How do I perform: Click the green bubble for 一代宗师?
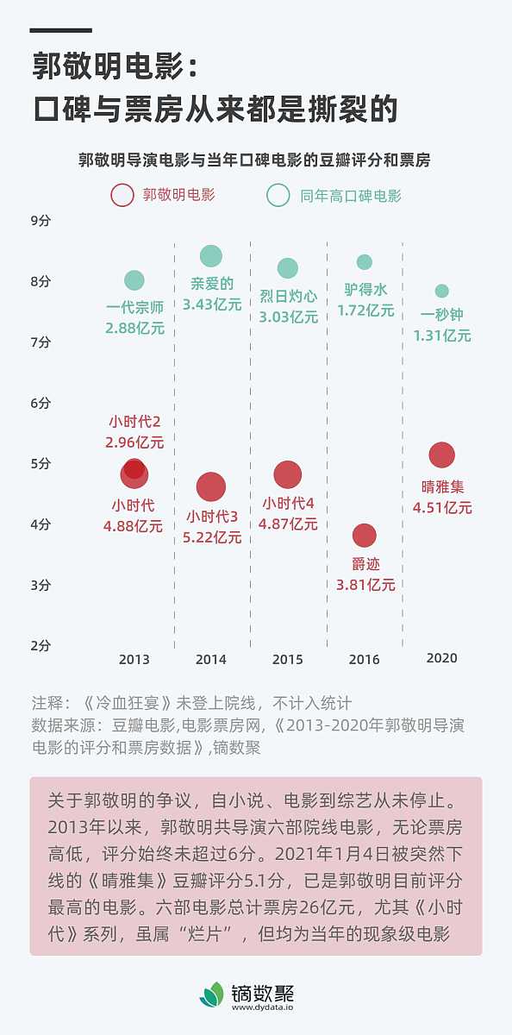click(134, 280)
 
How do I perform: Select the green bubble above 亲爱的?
click(211, 256)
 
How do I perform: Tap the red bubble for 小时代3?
click(211, 487)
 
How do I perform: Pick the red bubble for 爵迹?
click(365, 536)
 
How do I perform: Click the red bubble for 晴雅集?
click(441, 455)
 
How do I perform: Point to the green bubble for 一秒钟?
click(442, 292)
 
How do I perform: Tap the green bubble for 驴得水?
click(365, 262)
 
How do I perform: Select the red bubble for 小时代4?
click(288, 474)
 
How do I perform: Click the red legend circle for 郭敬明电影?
click(122, 196)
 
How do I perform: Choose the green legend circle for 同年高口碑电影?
click(278, 196)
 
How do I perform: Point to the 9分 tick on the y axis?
click(41, 221)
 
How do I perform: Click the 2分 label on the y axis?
click(41, 645)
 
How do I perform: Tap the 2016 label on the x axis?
click(364, 660)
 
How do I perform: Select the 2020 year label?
click(441, 658)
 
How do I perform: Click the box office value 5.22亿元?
click(212, 537)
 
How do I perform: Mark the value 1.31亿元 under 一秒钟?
click(442, 336)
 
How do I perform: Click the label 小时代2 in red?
click(134, 422)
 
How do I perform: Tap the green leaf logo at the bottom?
click(211, 994)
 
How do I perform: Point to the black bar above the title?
click(60, 30)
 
